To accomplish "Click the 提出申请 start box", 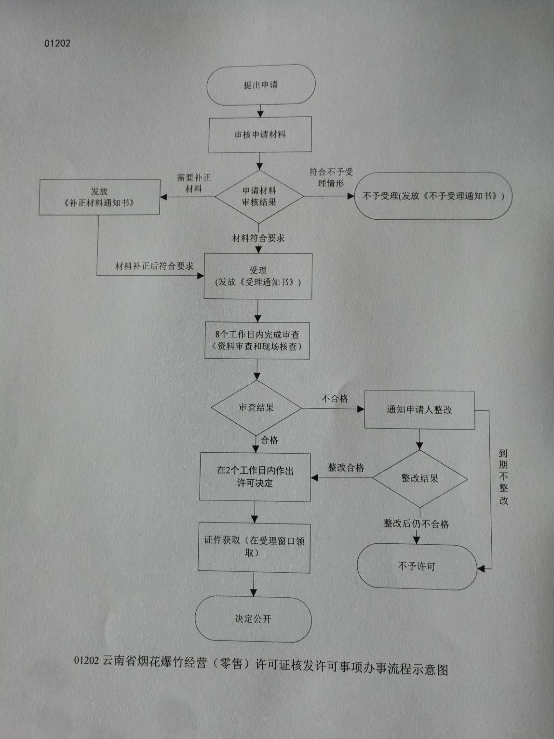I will pyautogui.click(x=260, y=85).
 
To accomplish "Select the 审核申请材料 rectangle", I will pyautogui.click(x=260, y=134).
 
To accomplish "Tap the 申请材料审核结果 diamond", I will pyautogui.click(x=259, y=197).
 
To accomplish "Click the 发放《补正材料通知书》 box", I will pyautogui.click(x=99, y=197).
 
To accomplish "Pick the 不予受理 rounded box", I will pyautogui.click(x=432, y=196).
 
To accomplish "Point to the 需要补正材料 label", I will pyautogui.click(x=194, y=183).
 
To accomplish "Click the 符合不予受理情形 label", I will pyautogui.click(x=331, y=177).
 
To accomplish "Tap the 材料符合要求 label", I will pyautogui.click(x=258, y=238).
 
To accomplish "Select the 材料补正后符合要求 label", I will pyautogui.click(x=154, y=266).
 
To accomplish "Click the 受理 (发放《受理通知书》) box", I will pyautogui.click(x=258, y=276).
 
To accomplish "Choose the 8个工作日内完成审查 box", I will pyautogui.click(x=257, y=340).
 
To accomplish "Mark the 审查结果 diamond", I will pyautogui.click(x=257, y=408).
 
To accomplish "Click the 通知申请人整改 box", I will pyautogui.click(x=419, y=410).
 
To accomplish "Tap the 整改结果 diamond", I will pyautogui.click(x=420, y=479).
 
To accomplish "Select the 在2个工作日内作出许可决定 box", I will pyautogui.click(x=255, y=477).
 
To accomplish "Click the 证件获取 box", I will pyautogui.click(x=254, y=547).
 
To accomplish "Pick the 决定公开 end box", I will pyautogui.click(x=253, y=619).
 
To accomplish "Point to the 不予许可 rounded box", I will pyautogui.click(x=417, y=567).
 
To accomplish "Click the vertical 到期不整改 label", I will pyautogui.click(x=503, y=477).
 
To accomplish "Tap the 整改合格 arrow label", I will pyautogui.click(x=346, y=468).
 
